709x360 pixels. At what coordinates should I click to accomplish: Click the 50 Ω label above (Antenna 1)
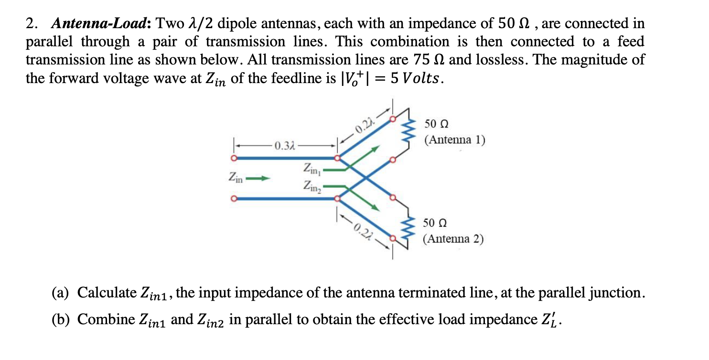(x=436, y=124)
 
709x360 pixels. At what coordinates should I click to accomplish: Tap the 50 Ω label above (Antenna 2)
(x=435, y=223)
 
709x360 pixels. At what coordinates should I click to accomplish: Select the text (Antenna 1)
(x=455, y=140)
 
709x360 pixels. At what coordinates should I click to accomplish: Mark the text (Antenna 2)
(x=453, y=239)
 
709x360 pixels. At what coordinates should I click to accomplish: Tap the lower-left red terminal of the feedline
(x=234, y=199)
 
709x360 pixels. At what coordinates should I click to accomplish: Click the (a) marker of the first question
(x=62, y=292)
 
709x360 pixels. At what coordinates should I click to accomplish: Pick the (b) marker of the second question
(x=62, y=319)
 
